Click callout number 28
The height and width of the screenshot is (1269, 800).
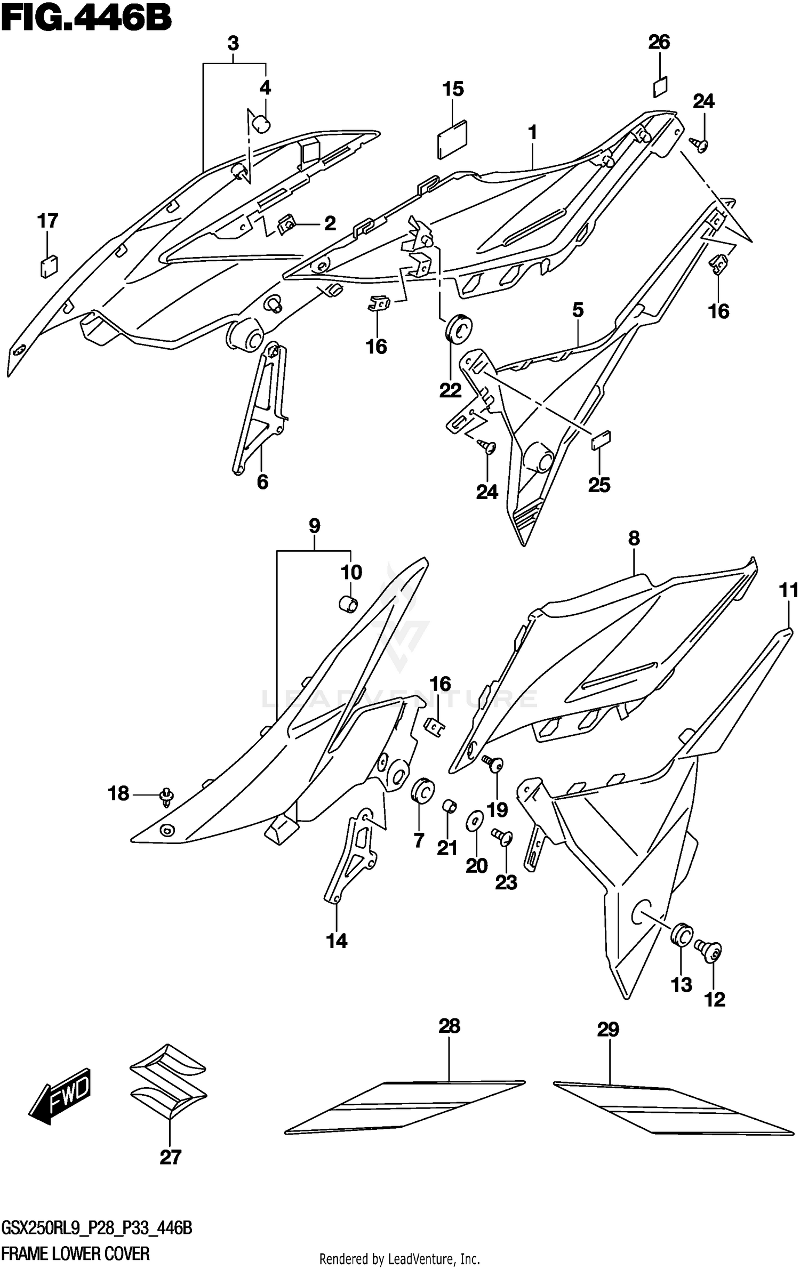(449, 1025)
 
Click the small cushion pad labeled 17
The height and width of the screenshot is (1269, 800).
(49, 265)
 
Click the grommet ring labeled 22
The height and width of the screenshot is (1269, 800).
(458, 327)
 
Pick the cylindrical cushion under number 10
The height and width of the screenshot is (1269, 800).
(348, 604)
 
